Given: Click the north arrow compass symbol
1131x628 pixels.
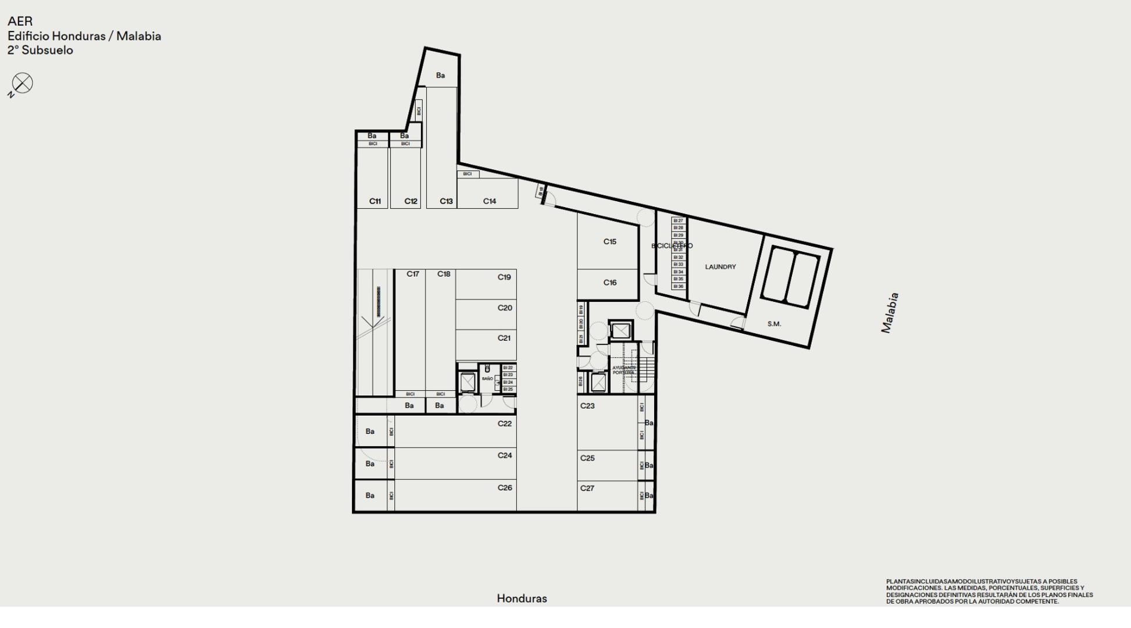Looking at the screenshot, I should (x=22, y=83).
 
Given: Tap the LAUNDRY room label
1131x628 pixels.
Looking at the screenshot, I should (x=720, y=267).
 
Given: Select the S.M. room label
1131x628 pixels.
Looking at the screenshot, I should (x=774, y=324).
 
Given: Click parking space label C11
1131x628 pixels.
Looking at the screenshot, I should (x=375, y=201).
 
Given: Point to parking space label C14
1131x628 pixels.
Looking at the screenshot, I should (x=490, y=201).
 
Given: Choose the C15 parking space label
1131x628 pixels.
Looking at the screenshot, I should (x=609, y=241).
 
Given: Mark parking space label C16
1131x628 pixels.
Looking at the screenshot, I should (x=609, y=283).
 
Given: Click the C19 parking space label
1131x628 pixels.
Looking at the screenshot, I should (x=504, y=277).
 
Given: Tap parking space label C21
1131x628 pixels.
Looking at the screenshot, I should (x=504, y=338).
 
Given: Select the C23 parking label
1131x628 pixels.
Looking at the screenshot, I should (x=587, y=406).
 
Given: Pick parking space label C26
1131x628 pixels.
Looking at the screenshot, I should (x=505, y=488).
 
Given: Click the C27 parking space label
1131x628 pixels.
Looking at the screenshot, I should (x=587, y=488).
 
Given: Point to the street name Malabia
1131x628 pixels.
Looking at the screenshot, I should (x=890, y=313).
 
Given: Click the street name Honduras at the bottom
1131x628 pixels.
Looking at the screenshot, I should (x=522, y=598).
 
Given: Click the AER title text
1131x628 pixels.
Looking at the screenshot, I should (x=20, y=22).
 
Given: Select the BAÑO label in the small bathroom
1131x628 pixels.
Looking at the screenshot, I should (x=487, y=379).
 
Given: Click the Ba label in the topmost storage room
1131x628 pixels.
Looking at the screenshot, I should (x=440, y=76).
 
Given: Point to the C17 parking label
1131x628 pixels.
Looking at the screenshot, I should (x=413, y=274).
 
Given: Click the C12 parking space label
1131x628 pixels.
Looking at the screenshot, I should (x=411, y=201).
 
